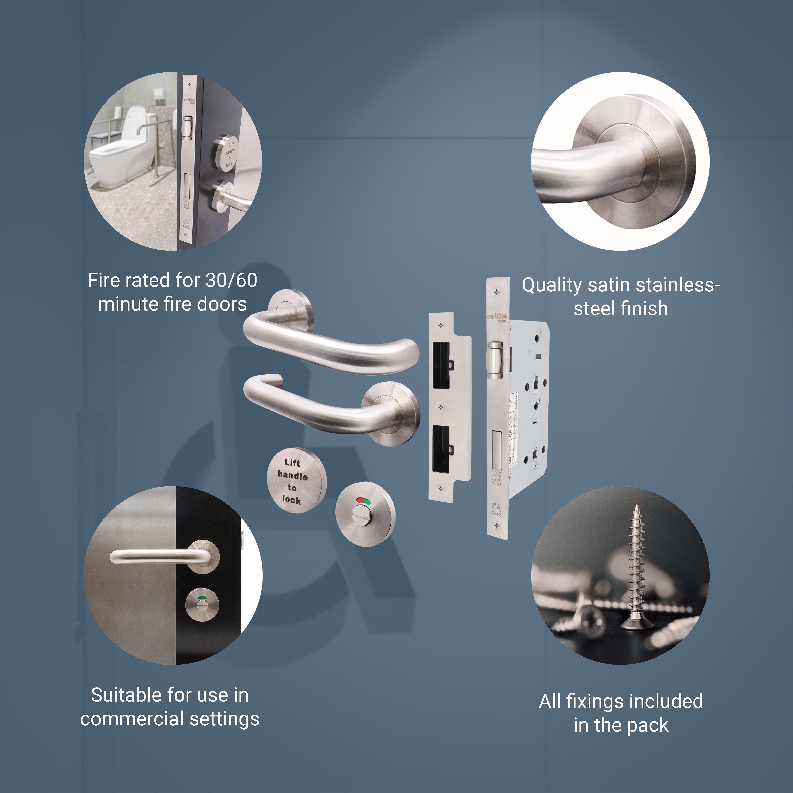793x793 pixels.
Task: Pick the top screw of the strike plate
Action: tap(441, 326)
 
